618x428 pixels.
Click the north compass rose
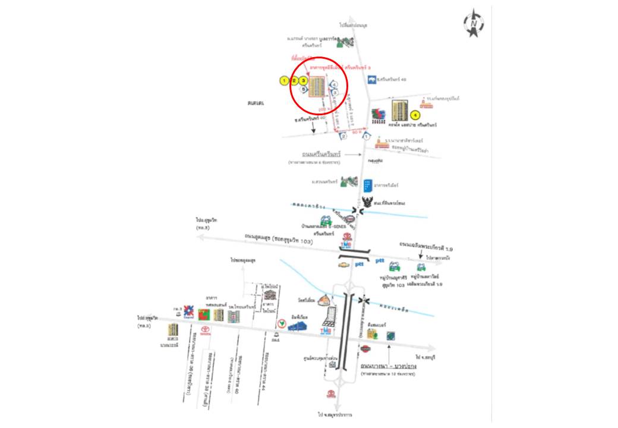474,24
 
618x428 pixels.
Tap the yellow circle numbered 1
285,80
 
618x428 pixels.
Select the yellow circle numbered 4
415,115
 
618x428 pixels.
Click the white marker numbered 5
304,89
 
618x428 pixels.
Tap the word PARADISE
374,160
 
